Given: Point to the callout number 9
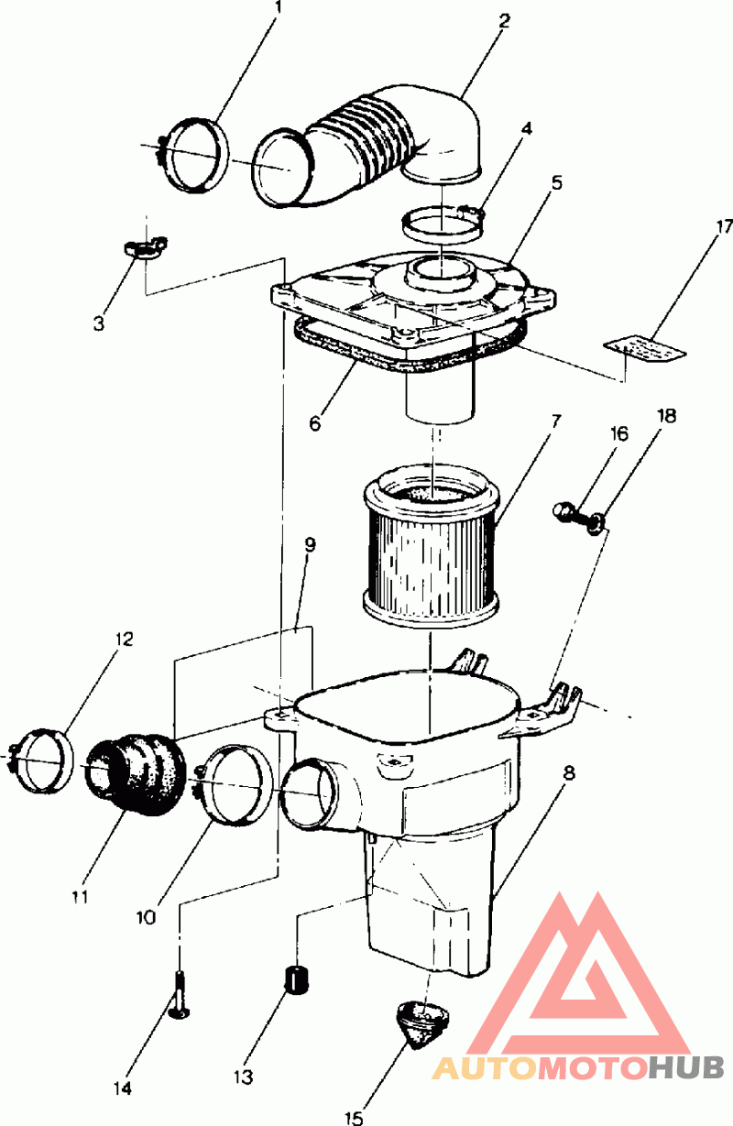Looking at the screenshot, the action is coord(311,544).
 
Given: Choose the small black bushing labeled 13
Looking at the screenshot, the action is coord(295,978).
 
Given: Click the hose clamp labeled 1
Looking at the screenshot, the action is coord(194,155).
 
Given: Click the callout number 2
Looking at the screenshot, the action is coord(504,19).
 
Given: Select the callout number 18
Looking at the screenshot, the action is coord(666,416).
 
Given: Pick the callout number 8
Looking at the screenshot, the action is coord(569,772).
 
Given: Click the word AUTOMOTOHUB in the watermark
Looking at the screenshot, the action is coord(578,1066).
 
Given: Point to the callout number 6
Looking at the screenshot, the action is coord(314,423).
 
